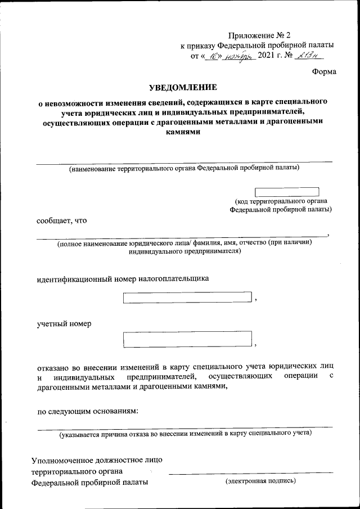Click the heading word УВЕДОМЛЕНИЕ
pyautogui.click(x=182, y=88)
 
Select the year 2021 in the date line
pyautogui.click(x=268, y=55)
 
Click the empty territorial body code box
pyautogui.click(x=287, y=192)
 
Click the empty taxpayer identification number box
pyautogui.click(x=187, y=298)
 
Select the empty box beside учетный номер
pyautogui.click(x=187, y=339)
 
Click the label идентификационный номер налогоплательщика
pyautogui.click(x=123, y=278)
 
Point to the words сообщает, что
pyautogui.click(x=62, y=220)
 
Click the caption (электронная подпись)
pyautogui.click(x=260, y=481)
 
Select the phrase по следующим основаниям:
pyautogui.click(x=87, y=411)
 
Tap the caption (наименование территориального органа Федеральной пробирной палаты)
pyautogui.click(x=184, y=168)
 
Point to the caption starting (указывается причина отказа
pyautogui.click(x=186, y=434)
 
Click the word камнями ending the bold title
pyautogui.click(x=182, y=134)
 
